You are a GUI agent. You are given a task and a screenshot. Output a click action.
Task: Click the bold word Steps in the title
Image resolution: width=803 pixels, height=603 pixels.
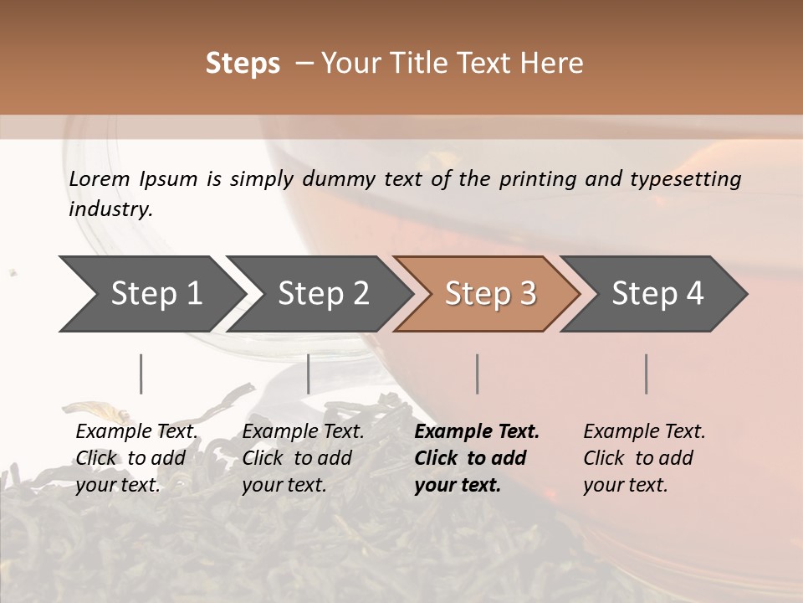243,64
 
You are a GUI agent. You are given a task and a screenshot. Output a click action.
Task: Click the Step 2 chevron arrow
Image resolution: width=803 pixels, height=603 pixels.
323,294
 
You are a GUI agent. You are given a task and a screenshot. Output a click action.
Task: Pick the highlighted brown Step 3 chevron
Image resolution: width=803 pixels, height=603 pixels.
490,294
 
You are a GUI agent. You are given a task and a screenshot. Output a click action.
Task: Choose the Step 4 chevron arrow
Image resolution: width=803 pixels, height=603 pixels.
657,294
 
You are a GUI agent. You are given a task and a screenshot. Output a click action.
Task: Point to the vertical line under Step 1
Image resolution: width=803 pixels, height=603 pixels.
141,374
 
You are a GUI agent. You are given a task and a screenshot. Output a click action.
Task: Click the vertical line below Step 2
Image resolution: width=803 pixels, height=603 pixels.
309,374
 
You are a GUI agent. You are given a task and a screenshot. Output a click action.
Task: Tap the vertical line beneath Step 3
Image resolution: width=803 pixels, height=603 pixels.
477,374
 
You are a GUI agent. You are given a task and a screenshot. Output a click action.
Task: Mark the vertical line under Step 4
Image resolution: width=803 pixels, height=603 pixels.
646,374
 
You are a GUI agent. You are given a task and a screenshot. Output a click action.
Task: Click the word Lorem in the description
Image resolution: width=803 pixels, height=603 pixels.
100,179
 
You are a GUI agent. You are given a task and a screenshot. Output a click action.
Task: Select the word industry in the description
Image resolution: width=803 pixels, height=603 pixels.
110,209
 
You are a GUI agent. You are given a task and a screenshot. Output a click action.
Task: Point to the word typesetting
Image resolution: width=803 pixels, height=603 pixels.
685,179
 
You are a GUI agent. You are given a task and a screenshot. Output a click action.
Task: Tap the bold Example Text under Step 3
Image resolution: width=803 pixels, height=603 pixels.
477,432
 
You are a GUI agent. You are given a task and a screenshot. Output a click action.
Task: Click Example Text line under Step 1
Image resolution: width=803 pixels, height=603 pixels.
136,432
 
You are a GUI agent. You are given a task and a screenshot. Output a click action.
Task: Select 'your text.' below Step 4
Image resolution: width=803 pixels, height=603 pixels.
626,485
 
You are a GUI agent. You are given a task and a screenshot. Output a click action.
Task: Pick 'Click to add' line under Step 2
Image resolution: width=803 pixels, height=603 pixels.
297,458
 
